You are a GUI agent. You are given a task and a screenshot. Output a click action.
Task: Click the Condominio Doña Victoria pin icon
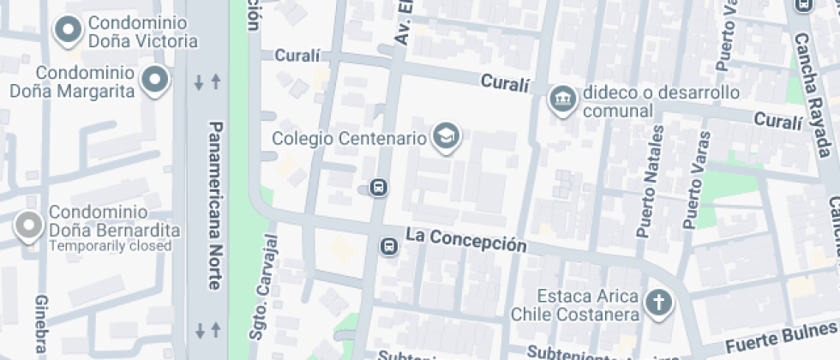pyautogui.click(x=68, y=30)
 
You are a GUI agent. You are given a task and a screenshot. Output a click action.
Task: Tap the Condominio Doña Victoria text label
pyautogui.click(x=142, y=31)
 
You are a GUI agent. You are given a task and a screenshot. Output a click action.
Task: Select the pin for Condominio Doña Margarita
pyautogui.click(x=155, y=79)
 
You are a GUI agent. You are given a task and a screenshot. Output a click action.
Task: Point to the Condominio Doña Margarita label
pyautogui.click(x=73, y=82)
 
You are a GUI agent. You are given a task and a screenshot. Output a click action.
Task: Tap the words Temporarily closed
pyautogui.click(x=110, y=246)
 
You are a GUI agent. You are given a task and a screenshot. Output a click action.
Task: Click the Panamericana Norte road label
pyautogui.click(x=215, y=205)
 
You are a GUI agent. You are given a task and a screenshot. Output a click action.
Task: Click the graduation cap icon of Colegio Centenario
pyautogui.click(x=446, y=135)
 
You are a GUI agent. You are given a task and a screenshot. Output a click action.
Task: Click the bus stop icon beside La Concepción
pyautogui.click(x=389, y=247)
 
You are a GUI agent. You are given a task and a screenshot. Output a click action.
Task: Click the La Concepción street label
pyautogui.click(x=465, y=239)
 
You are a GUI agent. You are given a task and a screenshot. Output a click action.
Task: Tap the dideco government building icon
pyautogui.click(x=563, y=99)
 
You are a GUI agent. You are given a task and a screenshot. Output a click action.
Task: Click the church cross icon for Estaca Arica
pyautogui.click(x=658, y=303)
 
